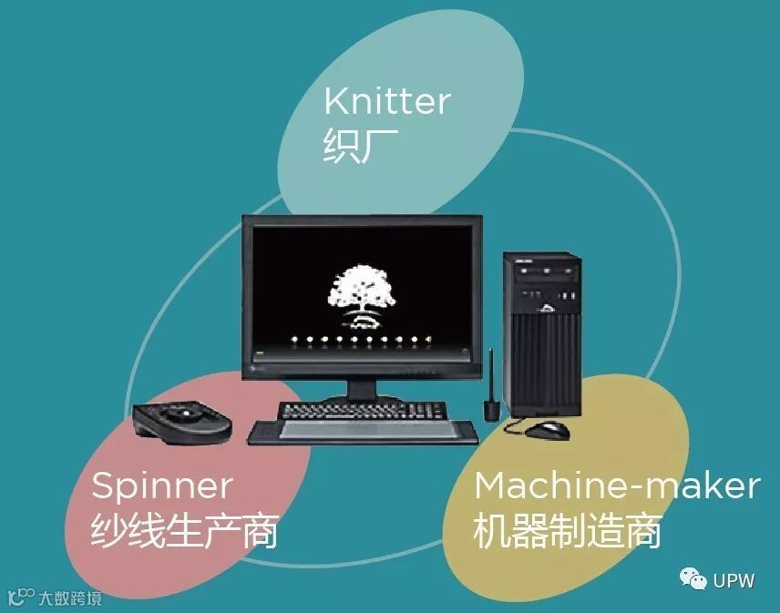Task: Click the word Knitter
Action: (387, 101)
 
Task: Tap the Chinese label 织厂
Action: (348, 147)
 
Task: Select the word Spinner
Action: (161, 486)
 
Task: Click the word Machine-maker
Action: (616, 485)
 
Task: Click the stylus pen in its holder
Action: (491, 392)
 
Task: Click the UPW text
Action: (734, 580)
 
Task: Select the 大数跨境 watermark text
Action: (69, 598)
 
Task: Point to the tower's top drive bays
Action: (544, 271)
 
